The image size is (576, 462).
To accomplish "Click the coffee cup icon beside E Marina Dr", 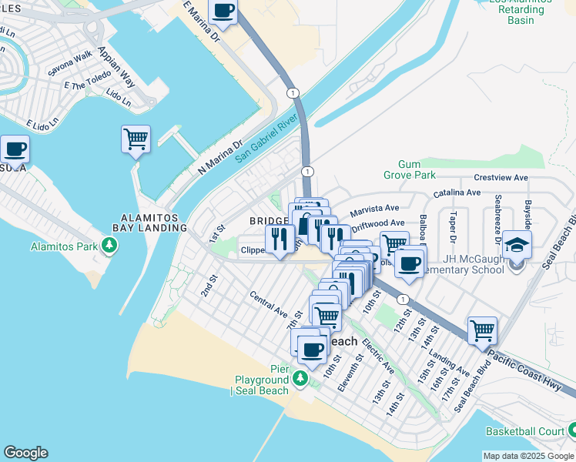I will [223, 12].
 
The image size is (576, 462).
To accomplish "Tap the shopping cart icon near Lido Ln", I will [136, 139].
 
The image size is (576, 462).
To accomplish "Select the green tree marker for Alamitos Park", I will [110, 246].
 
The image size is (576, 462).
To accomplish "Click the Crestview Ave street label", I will [501, 178].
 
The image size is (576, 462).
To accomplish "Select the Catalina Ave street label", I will [457, 192].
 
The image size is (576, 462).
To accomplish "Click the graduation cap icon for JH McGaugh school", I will [518, 246].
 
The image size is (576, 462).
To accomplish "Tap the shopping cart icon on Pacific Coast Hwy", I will [482, 331].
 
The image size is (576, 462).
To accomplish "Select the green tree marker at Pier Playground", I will [300, 379].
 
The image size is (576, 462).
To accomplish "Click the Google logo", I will [25, 453].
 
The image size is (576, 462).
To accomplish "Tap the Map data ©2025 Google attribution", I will [528, 456].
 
